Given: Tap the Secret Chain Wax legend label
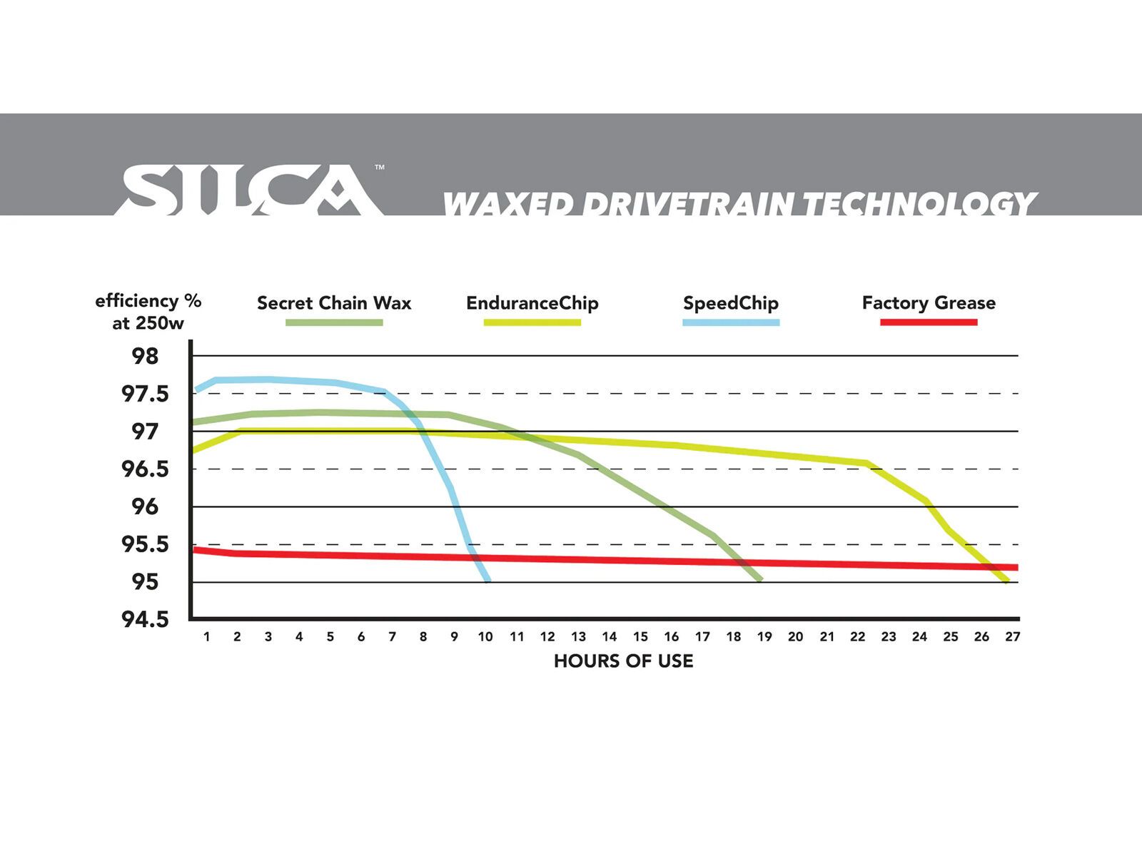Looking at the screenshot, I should [334, 303].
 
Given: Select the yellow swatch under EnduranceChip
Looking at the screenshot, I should [532, 322].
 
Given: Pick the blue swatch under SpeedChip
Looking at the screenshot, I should [731, 322].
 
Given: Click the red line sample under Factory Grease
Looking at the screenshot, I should [928, 322].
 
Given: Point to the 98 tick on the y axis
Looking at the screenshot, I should [145, 356].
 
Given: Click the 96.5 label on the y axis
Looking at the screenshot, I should [145, 469].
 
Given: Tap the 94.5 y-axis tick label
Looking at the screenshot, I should [145, 619].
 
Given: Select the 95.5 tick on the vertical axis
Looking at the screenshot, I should [145, 544].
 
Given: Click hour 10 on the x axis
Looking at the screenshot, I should [485, 637].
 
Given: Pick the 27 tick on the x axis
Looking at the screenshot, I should [1012, 637].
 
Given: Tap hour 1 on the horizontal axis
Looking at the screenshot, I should [206, 637].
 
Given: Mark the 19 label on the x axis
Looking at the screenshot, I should [764, 637].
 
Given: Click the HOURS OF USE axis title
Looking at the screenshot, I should [623, 661].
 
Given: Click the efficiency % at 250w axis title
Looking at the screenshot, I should [148, 312].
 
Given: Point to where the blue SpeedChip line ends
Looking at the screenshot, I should [487, 581].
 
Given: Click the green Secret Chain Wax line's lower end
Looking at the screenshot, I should [760, 579].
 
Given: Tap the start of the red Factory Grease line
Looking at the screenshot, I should [195, 549].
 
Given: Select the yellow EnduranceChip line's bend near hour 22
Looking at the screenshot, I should [867, 463].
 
